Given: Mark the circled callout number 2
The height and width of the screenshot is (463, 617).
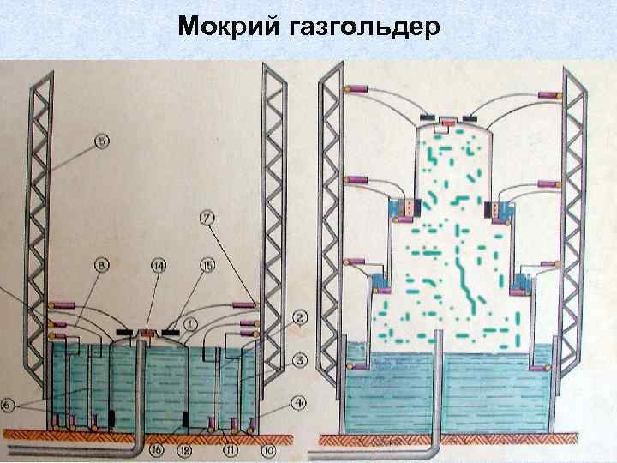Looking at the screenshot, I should click(x=300, y=319).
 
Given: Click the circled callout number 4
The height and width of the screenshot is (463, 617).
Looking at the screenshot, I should click(x=300, y=401).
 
